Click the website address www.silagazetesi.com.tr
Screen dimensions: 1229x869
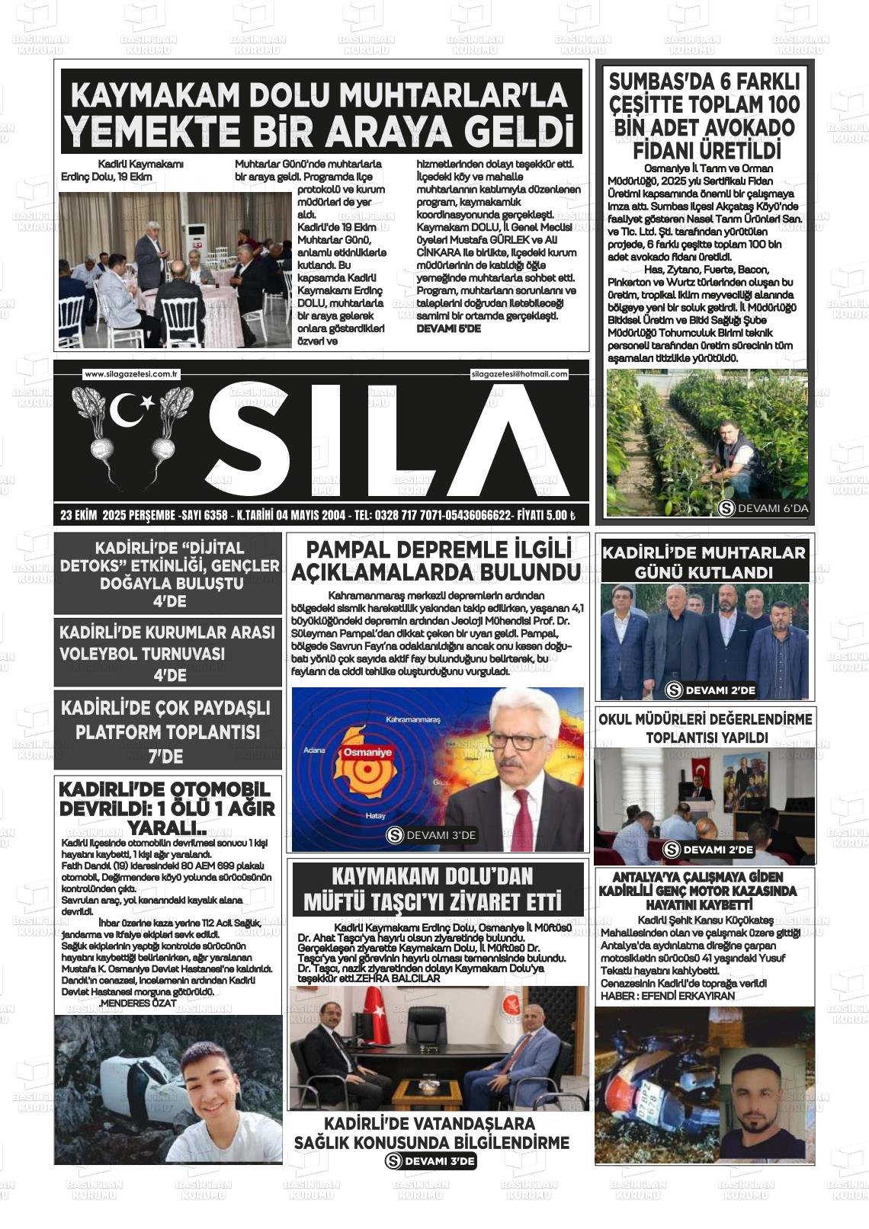point(131,374)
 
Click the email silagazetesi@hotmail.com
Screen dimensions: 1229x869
point(520,374)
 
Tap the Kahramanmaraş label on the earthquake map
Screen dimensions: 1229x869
point(413,719)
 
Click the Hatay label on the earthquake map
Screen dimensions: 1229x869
point(376,816)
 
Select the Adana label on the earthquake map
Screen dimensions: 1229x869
point(314,751)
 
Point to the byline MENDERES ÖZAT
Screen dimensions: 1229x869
point(137,1003)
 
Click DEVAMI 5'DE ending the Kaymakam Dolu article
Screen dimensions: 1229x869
point(448,328)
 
